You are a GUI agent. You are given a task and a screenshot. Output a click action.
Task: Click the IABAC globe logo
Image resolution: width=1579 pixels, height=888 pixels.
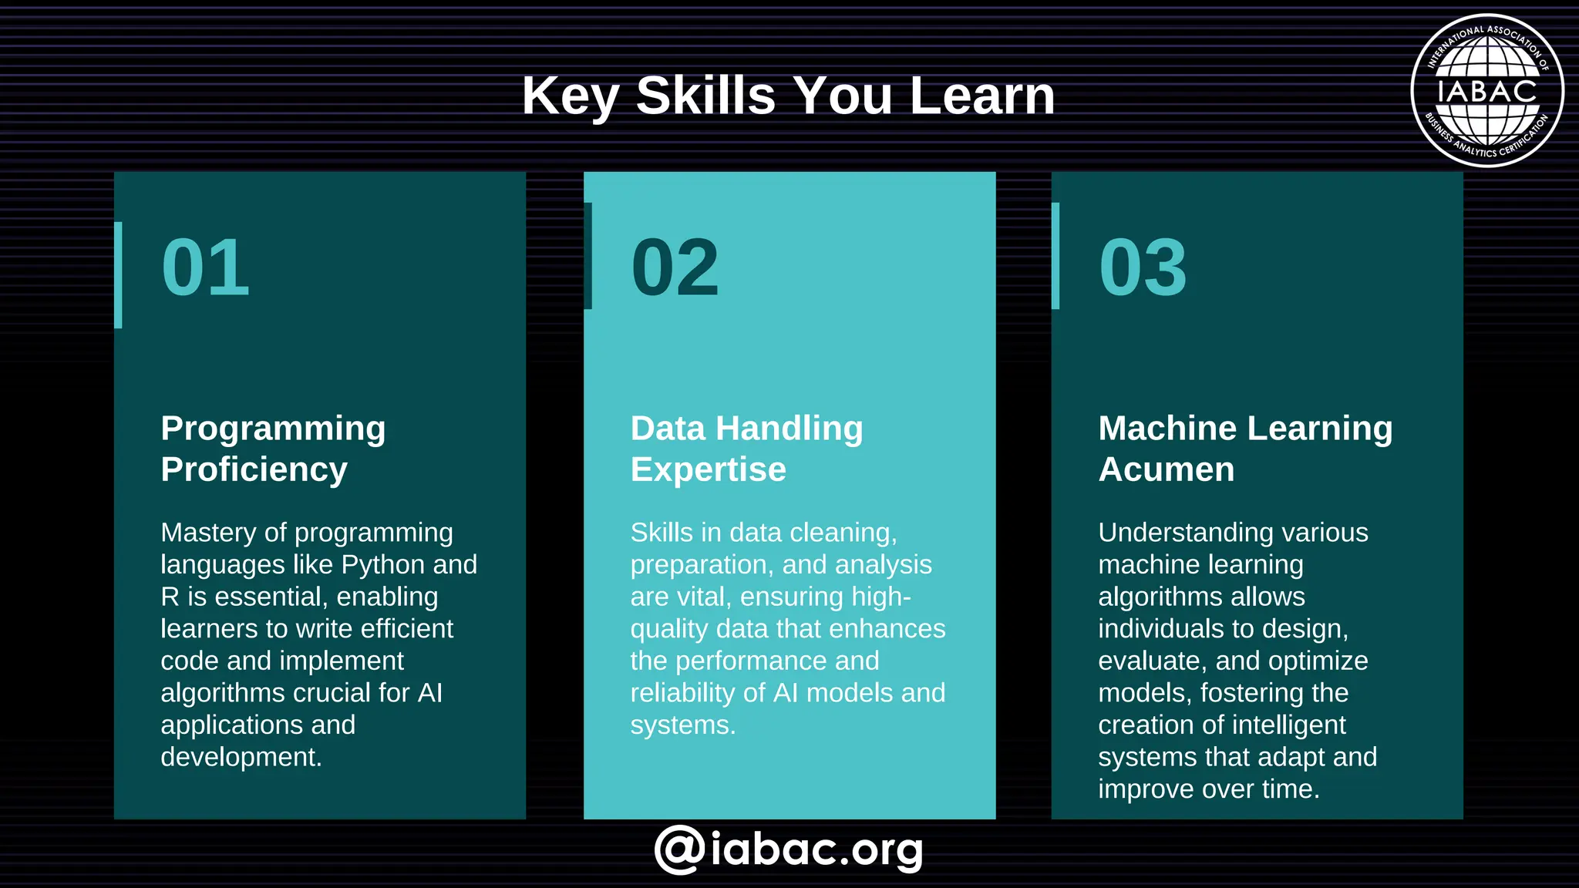click(x=1486, y=91)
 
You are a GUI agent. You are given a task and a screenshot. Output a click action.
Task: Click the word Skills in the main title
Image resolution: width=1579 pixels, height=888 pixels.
click(x=705, y=96)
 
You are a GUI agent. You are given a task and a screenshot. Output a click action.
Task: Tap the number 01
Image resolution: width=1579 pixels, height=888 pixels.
click(x=206, y=267)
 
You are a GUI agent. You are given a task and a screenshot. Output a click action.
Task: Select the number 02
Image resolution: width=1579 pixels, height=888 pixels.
click(x=675, y=267)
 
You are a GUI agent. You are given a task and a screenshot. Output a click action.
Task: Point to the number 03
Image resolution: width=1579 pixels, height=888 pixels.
click(x=1143, y=267)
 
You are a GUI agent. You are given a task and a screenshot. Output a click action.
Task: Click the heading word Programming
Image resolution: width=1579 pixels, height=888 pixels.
click(x=273, y=429)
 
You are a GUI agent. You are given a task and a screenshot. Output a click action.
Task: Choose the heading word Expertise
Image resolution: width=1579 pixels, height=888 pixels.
click(x=708, y=469)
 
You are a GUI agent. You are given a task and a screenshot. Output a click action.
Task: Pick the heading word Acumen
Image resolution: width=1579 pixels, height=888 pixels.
click(x=1166, y=469)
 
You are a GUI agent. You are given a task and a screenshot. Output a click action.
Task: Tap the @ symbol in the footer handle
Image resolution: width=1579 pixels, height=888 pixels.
click(x=679, y=849)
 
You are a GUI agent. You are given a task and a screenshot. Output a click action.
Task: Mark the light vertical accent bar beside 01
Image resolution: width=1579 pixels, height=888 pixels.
click(x=118, y=275)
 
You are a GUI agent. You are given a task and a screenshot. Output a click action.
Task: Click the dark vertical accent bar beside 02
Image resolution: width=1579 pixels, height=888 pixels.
click(x=588, y=256)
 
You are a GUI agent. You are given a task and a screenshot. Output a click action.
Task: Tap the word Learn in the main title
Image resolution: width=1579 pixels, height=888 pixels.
click(x=981, y=96)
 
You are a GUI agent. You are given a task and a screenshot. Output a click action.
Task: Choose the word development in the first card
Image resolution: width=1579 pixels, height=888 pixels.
click(x=241, y=758)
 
